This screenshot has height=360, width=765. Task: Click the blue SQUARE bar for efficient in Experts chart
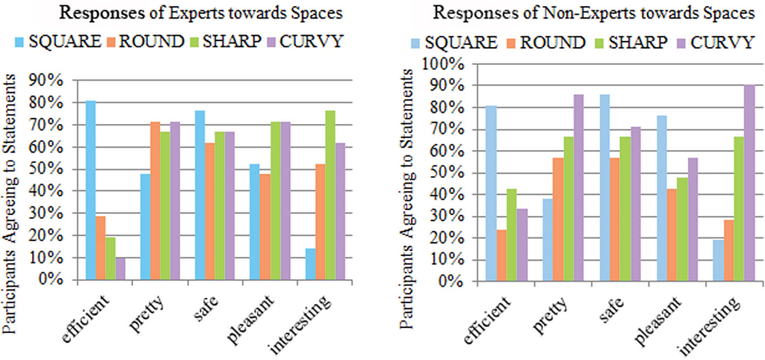pos(90,190)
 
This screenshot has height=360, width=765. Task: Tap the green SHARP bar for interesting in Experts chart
pos(330,195)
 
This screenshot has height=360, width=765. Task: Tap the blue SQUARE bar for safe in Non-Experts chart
pos(604,188)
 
